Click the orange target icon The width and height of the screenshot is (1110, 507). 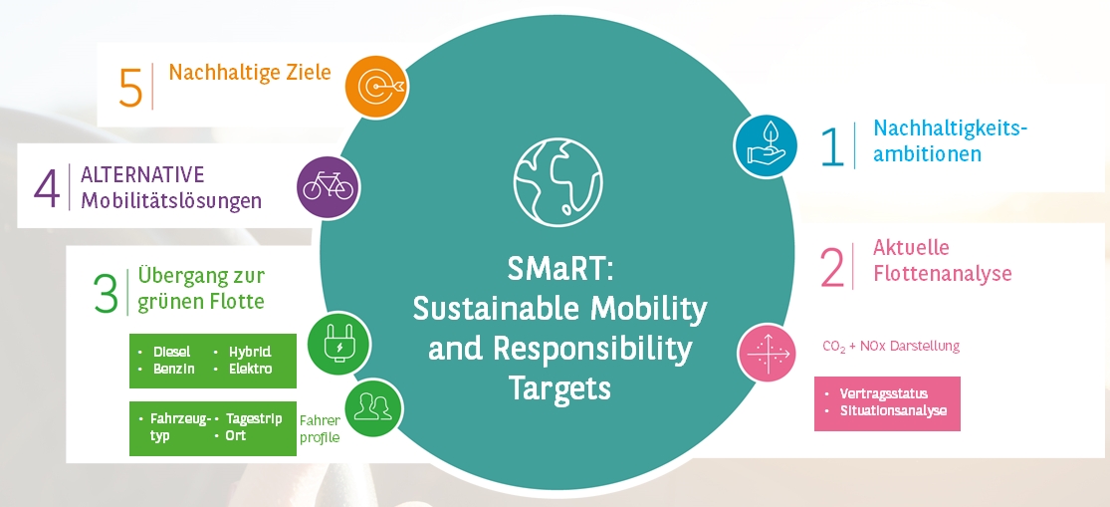[x=376, y=87]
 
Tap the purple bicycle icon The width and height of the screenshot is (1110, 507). [x=328, y=187]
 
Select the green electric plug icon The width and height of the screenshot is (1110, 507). [x=339, y=344]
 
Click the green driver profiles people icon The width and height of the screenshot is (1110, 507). [x=373, y=407]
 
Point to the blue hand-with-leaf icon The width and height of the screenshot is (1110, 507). [x=766, y=145]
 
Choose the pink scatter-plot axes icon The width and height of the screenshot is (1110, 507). [x=770, y=352]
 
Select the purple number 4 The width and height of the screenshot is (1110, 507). [x=47, y=188]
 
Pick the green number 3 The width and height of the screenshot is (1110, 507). [x=106, y=293]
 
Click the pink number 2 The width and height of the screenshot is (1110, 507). [x=832, y=269]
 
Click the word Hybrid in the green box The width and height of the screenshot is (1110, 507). [x=249, y=352]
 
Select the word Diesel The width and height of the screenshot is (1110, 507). [x=172, y=352]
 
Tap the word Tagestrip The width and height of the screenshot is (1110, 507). [x=254, y=419]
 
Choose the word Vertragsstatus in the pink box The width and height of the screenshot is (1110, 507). [x=883, y=393]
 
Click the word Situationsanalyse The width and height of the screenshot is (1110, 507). [x=893, y=410]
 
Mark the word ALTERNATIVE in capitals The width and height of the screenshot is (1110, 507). [x=142, y=175]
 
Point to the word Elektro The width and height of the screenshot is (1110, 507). [x=250, y=369]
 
